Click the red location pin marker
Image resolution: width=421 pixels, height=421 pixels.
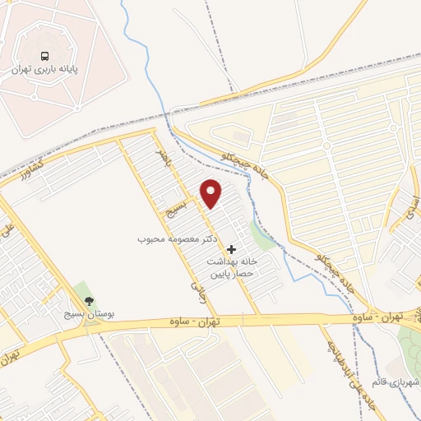click(x=212, y=193)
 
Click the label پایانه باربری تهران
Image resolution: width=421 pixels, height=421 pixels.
click(x=43, y=71)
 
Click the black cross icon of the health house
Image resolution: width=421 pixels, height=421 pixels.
click(x=231, y=248)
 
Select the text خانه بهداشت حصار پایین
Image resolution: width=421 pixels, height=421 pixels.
click(x=232, y=266)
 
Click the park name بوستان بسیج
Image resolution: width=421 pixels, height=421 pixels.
click(x=90, y=315)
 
